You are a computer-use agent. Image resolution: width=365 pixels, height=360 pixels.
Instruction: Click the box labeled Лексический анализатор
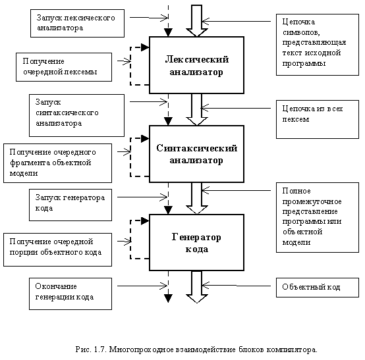(x=196, y=65)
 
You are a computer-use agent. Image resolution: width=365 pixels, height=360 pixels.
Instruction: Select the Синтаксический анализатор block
(x=196, y=154)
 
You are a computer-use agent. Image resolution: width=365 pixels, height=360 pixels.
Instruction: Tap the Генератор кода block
(x=196, y=243)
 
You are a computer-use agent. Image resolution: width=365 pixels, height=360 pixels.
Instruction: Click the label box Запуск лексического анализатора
(x=77, y=23)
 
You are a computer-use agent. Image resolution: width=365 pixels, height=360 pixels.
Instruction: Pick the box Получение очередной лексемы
(x=64, y=67)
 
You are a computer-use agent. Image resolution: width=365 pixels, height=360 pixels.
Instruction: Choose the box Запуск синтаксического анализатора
(x=76, y=115)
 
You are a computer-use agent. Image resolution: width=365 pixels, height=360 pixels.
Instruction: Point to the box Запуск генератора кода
(x=70, y=205)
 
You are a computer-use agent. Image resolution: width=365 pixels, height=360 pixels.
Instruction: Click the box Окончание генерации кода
(x=70, y=294)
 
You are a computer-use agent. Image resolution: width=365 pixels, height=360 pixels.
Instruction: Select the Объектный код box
(x=318, y=288)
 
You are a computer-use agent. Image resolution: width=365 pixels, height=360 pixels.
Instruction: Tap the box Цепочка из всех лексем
(x=318, y=119)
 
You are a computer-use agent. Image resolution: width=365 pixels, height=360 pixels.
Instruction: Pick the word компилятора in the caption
(x=292, y=349)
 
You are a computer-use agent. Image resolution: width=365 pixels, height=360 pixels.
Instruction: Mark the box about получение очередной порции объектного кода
(x=57, y=250)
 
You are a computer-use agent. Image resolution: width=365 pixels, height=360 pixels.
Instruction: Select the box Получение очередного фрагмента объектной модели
(x=57, y=163)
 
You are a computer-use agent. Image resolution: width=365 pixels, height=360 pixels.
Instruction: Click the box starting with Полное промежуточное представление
(x=318, y=217)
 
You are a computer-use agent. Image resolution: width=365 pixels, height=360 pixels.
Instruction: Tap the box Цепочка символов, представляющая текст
(x=318, y=45)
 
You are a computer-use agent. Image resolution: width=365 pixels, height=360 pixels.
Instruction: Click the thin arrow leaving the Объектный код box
(x=237, y=286)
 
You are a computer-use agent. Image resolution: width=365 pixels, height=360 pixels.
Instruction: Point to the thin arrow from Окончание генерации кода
(x=142, y=286)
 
